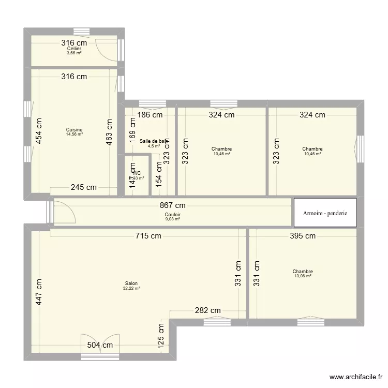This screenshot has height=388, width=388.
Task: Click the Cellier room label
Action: tap(74, 49)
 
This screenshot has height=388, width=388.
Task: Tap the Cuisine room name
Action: tap(74, 130)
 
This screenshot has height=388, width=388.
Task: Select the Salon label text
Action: tap(131, 283)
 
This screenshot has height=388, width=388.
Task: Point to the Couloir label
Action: tap(173, 214)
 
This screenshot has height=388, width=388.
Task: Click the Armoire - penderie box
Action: tap(325, 213)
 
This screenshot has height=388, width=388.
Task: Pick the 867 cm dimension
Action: tap(173, 205)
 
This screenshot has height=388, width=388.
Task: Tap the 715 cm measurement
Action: tap(149, 236)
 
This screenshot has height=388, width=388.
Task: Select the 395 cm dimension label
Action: tap(303, 236)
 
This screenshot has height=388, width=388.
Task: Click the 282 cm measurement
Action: tap(208, 310)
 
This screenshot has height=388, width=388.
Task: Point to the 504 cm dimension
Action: tap(100, 345)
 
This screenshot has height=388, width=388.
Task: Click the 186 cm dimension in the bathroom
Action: tap(151, 115)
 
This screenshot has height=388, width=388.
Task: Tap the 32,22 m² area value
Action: tap(131, 288)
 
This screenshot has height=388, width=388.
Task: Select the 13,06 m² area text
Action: tap(303, 276)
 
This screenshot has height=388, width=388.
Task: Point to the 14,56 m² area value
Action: tap(74, 135)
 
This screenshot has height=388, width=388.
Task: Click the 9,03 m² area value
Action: tap(173, 219)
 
